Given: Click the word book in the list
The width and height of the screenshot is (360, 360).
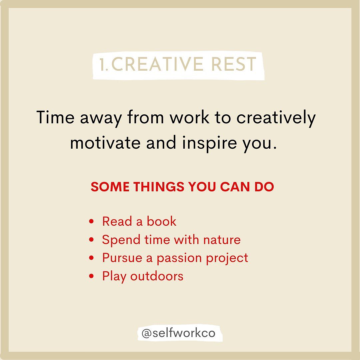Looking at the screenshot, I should (162, 221).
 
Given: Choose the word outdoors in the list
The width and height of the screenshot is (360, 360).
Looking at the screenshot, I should (157, 276).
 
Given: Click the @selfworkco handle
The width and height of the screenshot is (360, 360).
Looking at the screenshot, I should (179, 334).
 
